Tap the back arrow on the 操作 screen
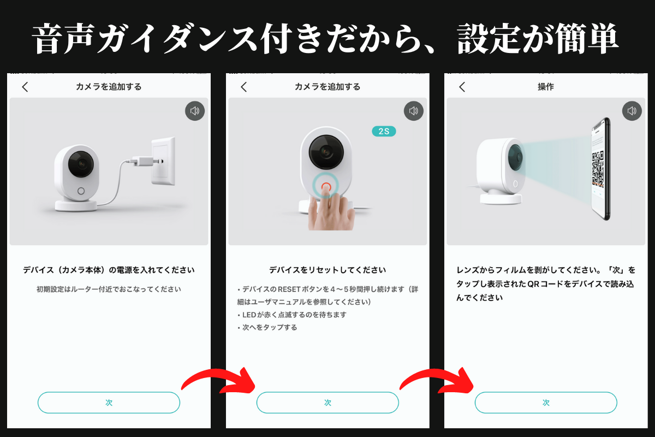click(x=462, y=87)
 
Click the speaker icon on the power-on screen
click(x=195, y=111)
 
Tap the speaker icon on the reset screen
click(x=414, y=111)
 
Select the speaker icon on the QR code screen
click(x=632, y=111)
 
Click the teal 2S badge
click(x=384, y=131)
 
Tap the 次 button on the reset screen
click(x=327, y=403)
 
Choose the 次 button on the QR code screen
click(x=546, y=403)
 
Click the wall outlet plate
click(x=163, y=161)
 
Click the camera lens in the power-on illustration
click(x=81, y=164)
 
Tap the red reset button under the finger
click(x=326, y=186)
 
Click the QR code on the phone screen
click(x=598, y=168)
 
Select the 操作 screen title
click(x=546, y=87)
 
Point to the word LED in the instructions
click(x=249, y=315)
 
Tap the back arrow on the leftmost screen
click(x=25, y=87)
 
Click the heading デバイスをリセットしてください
click(x=327, y=270)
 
